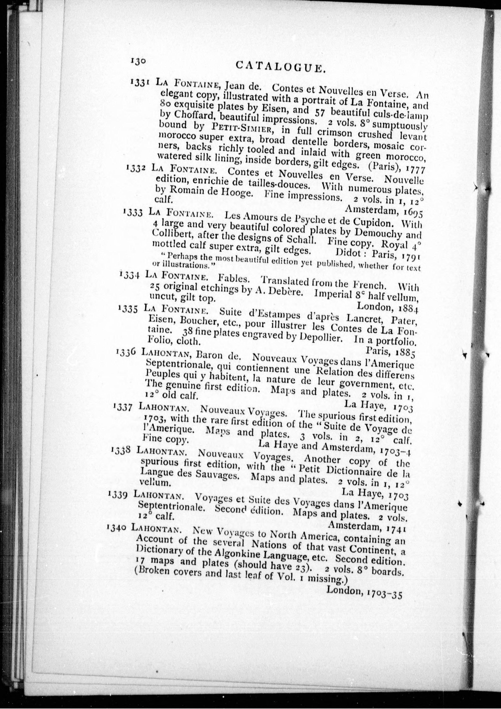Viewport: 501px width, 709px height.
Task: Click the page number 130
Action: (138, 61)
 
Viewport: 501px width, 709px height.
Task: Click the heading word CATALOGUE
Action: (280, 67)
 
